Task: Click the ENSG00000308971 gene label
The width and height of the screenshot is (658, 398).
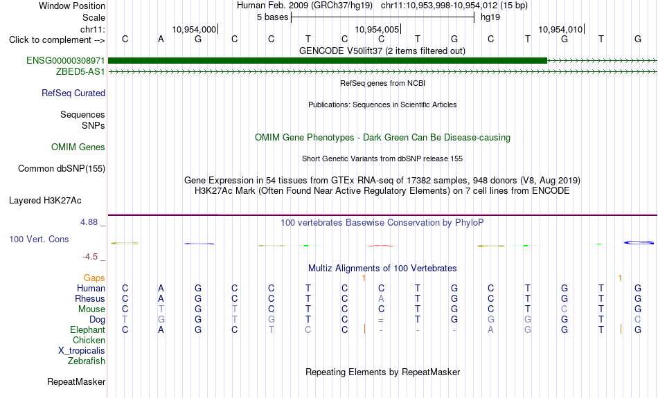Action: click(x=66, y=61)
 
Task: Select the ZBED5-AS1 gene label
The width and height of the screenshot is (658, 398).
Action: click(x=80, y=72)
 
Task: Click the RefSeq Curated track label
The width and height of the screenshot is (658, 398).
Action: click(x=73, y=93)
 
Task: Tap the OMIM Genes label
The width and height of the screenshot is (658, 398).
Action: click(x=78, y=147)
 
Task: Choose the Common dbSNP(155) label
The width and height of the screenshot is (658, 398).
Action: click(x=62, y=169)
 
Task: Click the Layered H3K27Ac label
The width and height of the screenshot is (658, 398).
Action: click(x=45, y=201)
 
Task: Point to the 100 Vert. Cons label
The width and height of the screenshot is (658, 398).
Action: click(x=39, y=239)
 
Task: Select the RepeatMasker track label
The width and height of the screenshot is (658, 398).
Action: click(x=76, y=381)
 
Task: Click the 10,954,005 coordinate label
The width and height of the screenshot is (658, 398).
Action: click(x=377, y=29)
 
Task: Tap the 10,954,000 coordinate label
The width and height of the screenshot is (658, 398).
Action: click(x=194, y=29)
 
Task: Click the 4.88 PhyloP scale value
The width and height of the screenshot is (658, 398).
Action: click(x=89, y=222)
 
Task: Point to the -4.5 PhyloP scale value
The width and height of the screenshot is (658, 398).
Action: click(x=90, y=256)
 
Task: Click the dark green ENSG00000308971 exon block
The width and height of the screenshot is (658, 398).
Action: click(x=328, y=61)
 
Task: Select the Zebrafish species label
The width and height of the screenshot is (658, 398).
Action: click(x=87, y=361)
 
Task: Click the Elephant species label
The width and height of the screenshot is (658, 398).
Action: click(x=88, y=330)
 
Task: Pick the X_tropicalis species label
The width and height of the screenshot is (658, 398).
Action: click(x=82, y=351)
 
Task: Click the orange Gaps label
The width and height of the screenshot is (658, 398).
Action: click(x=94, y=278)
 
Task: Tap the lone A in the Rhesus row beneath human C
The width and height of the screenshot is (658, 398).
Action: click(x=381, y=298)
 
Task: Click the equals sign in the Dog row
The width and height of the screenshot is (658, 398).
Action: click(x=381, y=320)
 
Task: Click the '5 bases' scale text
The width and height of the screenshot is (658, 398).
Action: click(x=273, y=17)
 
